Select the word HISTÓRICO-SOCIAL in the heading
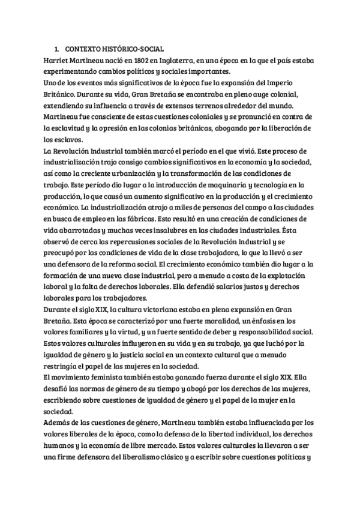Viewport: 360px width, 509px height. click(x=130, y=49)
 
